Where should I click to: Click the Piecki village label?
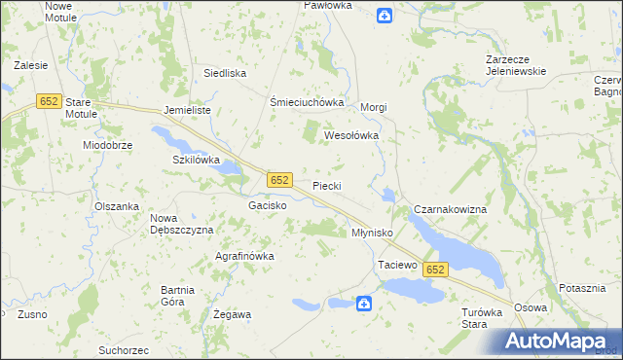pyautogui.click(x=326, y=185)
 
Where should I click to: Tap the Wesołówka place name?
pyautogui.click(x=350, y=136)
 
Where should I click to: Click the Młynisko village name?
pyautogui.click(x=371, y=234)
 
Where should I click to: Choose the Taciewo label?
pyautogui.click(x=397, y=265)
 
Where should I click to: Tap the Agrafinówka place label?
pyautogui.click(x=244, y=256)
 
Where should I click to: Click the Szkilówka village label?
pyautogui.click(x=197, y=160)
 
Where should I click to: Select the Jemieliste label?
pyautogui.click(x=188, y=111)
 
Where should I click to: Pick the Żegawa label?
pyautogui.click(x=233, y=314)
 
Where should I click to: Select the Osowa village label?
pyautogui.click(x=531, y=307)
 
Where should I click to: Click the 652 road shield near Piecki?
pyautogui.click(x=279, y=180)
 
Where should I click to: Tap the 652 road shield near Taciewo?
pyautogui.click(x=435, y=270)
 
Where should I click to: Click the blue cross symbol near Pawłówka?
pyautogui.click(x=385, y=15)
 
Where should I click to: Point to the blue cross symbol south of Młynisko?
pyautogui.click(x=363, y=304)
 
